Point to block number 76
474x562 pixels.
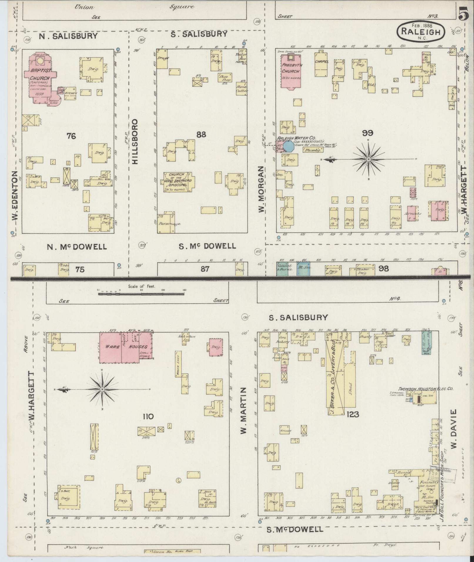pos(71,136)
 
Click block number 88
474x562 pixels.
pos(201,135)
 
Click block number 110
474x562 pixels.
pos(148,416)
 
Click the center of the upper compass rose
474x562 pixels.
pos(368,159)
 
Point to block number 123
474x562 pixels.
pos(353,414)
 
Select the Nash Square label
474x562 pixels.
pos(84,547)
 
